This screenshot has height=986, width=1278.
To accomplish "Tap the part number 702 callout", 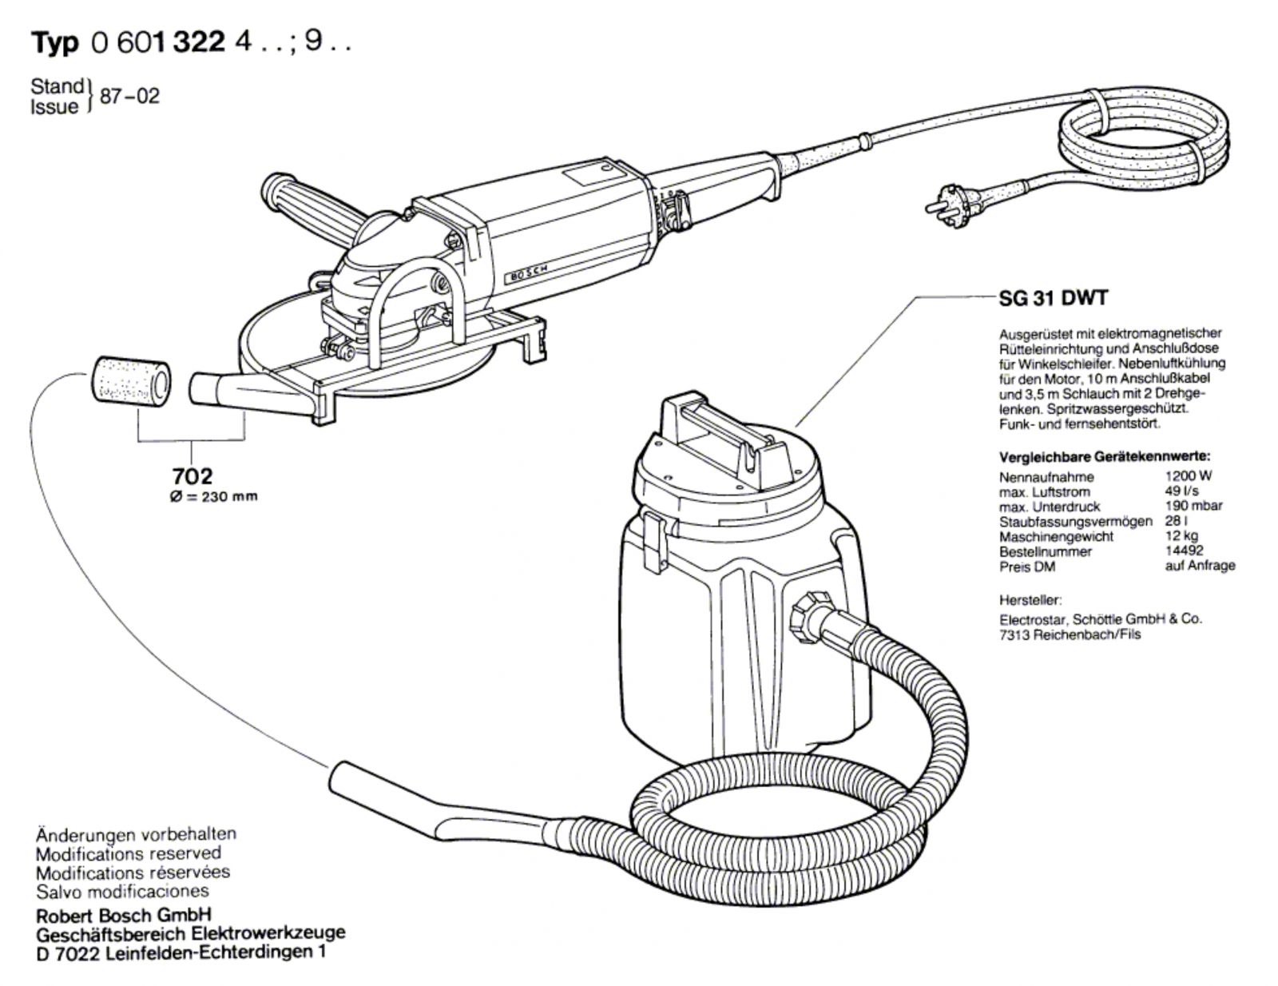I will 192,476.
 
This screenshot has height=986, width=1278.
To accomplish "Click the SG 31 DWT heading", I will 1053,298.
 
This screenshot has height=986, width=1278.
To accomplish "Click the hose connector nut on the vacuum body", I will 808,615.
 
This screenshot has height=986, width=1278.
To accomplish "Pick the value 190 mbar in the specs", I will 1193,506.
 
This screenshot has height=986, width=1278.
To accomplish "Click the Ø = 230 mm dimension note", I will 213,496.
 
